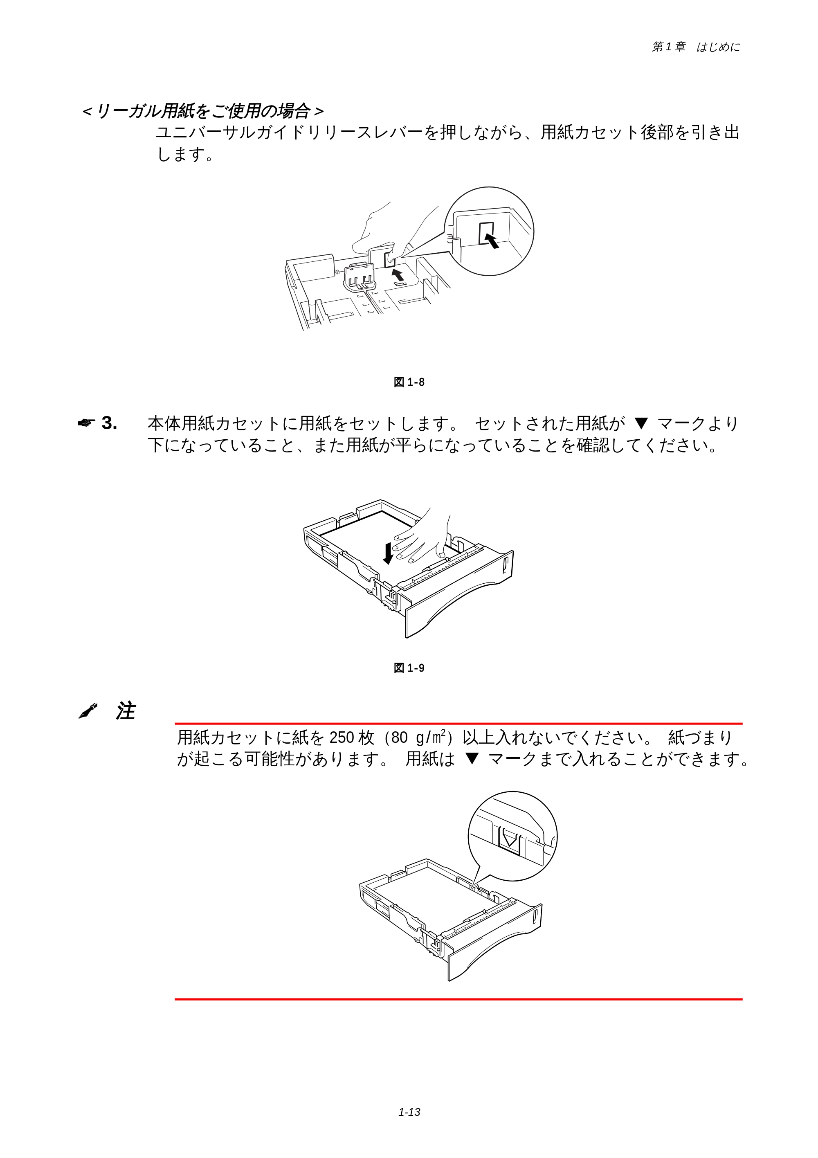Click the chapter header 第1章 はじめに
pyautogui.click(x=696, y=47)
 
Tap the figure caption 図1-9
pyautogui.click(x=409, y=668)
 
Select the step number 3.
pyautogui.click(x=110, y=423)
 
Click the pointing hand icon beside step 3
pyautogui.click(x=86, y=423)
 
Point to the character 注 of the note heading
pyautogui.click(x=126, y=711)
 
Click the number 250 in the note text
pyautogui.click(x=342, y=738)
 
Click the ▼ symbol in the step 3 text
pyautogui.click(x=640, y=423)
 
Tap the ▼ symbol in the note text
pyautogui.click(x=472, y=758)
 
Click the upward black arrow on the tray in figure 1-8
pyautogui.click(x=398, y=274)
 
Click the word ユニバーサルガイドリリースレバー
pyautogui.click(x=290, y=132)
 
